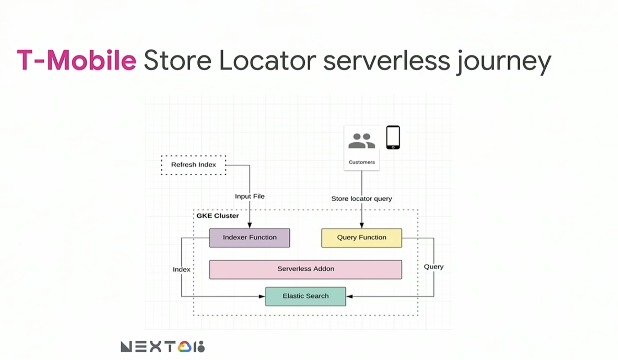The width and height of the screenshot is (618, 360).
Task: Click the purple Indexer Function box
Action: pos(249,238)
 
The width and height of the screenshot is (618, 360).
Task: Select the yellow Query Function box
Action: pos(361,238)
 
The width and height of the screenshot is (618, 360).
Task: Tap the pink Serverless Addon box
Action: pos(305,269)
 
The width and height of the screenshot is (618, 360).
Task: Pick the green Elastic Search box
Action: pos(305,296)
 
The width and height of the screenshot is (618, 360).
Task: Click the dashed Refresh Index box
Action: pos(194,165)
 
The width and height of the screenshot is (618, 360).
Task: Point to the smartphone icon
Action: pos(393,137)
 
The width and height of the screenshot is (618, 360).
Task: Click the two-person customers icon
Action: pos(362,141)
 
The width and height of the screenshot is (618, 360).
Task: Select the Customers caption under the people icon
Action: pos(362,162)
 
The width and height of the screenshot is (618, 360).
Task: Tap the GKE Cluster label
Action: pos(218,216)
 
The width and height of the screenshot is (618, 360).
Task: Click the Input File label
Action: pos(250,196)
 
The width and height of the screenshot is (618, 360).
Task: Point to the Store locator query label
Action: pos(362,199)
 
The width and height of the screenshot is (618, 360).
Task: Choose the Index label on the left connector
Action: pos(181,269)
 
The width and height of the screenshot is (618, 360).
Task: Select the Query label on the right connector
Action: pos(434,267)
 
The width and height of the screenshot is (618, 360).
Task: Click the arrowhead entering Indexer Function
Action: pos(250,225)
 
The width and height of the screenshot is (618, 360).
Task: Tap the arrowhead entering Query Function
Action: pos(362,225)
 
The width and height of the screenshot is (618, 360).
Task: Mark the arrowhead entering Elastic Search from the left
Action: pos(262,296)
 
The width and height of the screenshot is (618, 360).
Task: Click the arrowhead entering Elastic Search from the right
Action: pos(350,296)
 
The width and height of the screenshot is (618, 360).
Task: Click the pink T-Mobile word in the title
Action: pos(77,60)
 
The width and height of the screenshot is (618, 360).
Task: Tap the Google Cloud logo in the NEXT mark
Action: pos(184,347)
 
